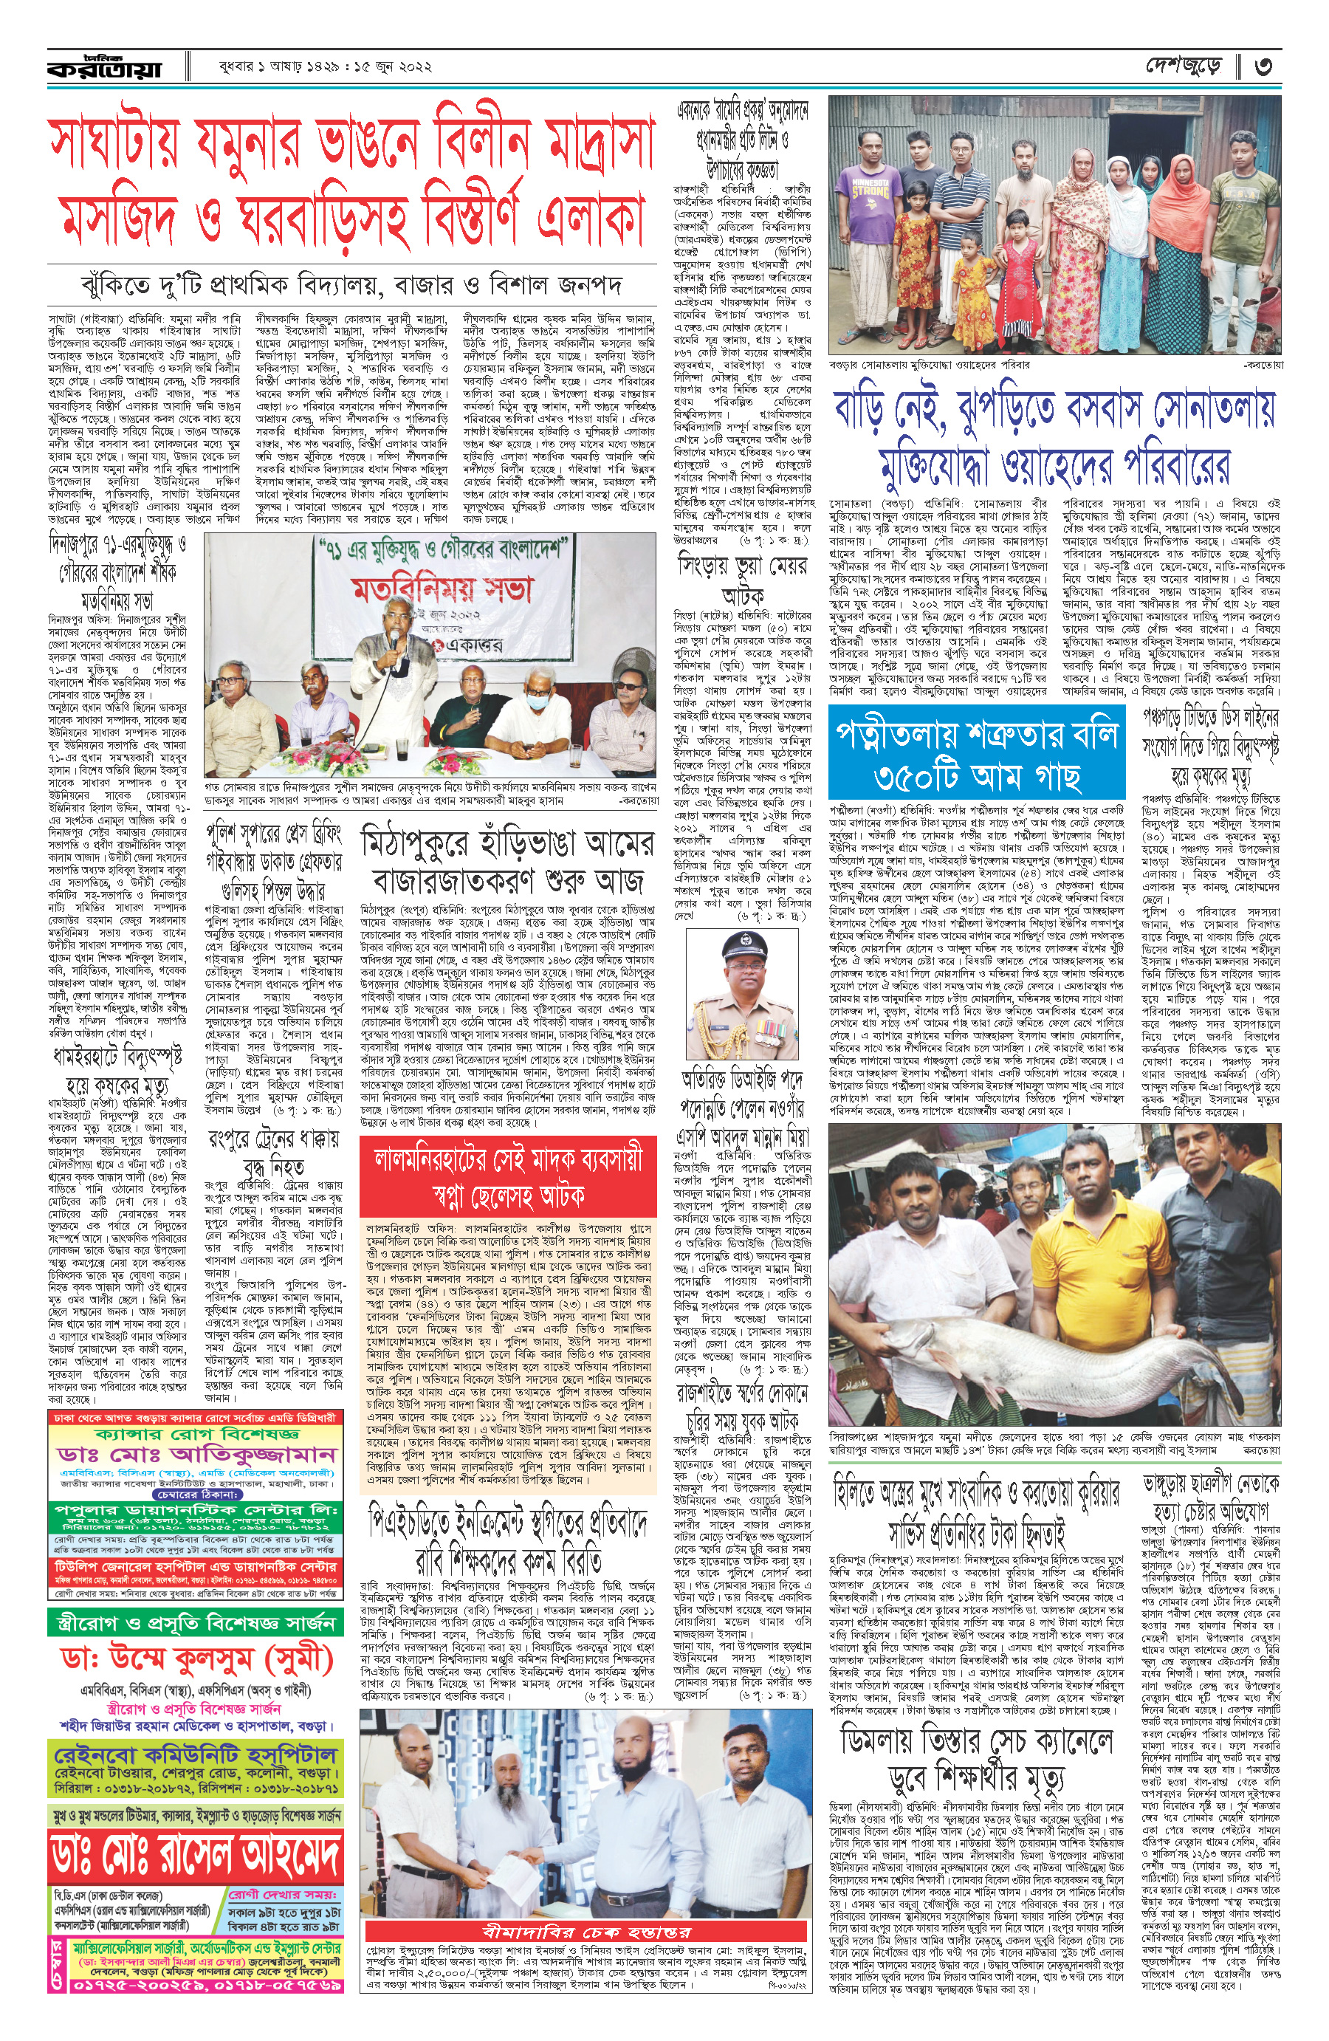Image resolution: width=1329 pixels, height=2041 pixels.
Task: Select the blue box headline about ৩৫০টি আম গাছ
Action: click(x=977, y=755)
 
